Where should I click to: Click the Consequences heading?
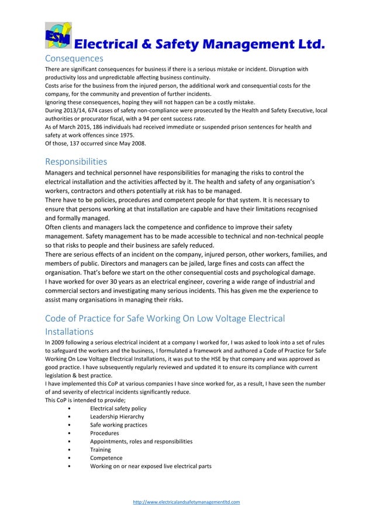click(x=74, y=58)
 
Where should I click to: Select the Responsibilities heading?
click(x=76, y=161)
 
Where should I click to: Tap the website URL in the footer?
click(x=186, y=501)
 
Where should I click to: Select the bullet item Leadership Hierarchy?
click(x=116, y=417)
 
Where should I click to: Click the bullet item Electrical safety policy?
click(x=118, y=408)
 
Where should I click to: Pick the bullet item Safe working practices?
click(x=118, y=425)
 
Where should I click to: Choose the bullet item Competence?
click(x=106, y=458)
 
